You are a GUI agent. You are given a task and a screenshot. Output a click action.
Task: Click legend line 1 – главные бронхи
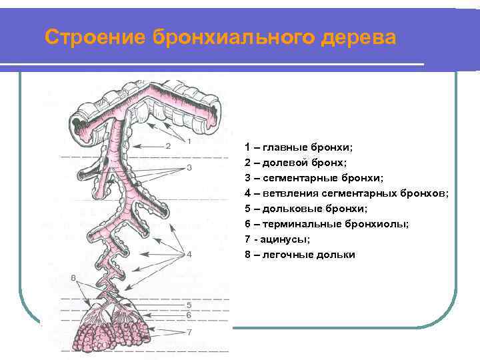(x=299, y=147)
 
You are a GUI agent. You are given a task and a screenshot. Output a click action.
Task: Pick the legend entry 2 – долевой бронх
(x=295, y=162)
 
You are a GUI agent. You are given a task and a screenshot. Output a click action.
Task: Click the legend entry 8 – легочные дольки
(x=300, y=255)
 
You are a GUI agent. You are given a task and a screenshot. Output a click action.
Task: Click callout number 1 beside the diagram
(x=189, y=141)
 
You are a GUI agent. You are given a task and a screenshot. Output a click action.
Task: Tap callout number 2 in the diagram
(x=168, y=145)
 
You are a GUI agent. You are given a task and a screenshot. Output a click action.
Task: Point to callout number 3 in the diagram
(x=189, y=168)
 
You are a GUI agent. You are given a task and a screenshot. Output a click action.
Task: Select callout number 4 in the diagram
(x=189, y=254)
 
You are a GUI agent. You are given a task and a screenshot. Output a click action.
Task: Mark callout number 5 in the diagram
(x=189, y=305)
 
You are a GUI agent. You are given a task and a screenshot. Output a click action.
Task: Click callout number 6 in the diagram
(x=189, y=315)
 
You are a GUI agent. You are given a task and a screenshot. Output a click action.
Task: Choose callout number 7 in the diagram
(x=189, y=331)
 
